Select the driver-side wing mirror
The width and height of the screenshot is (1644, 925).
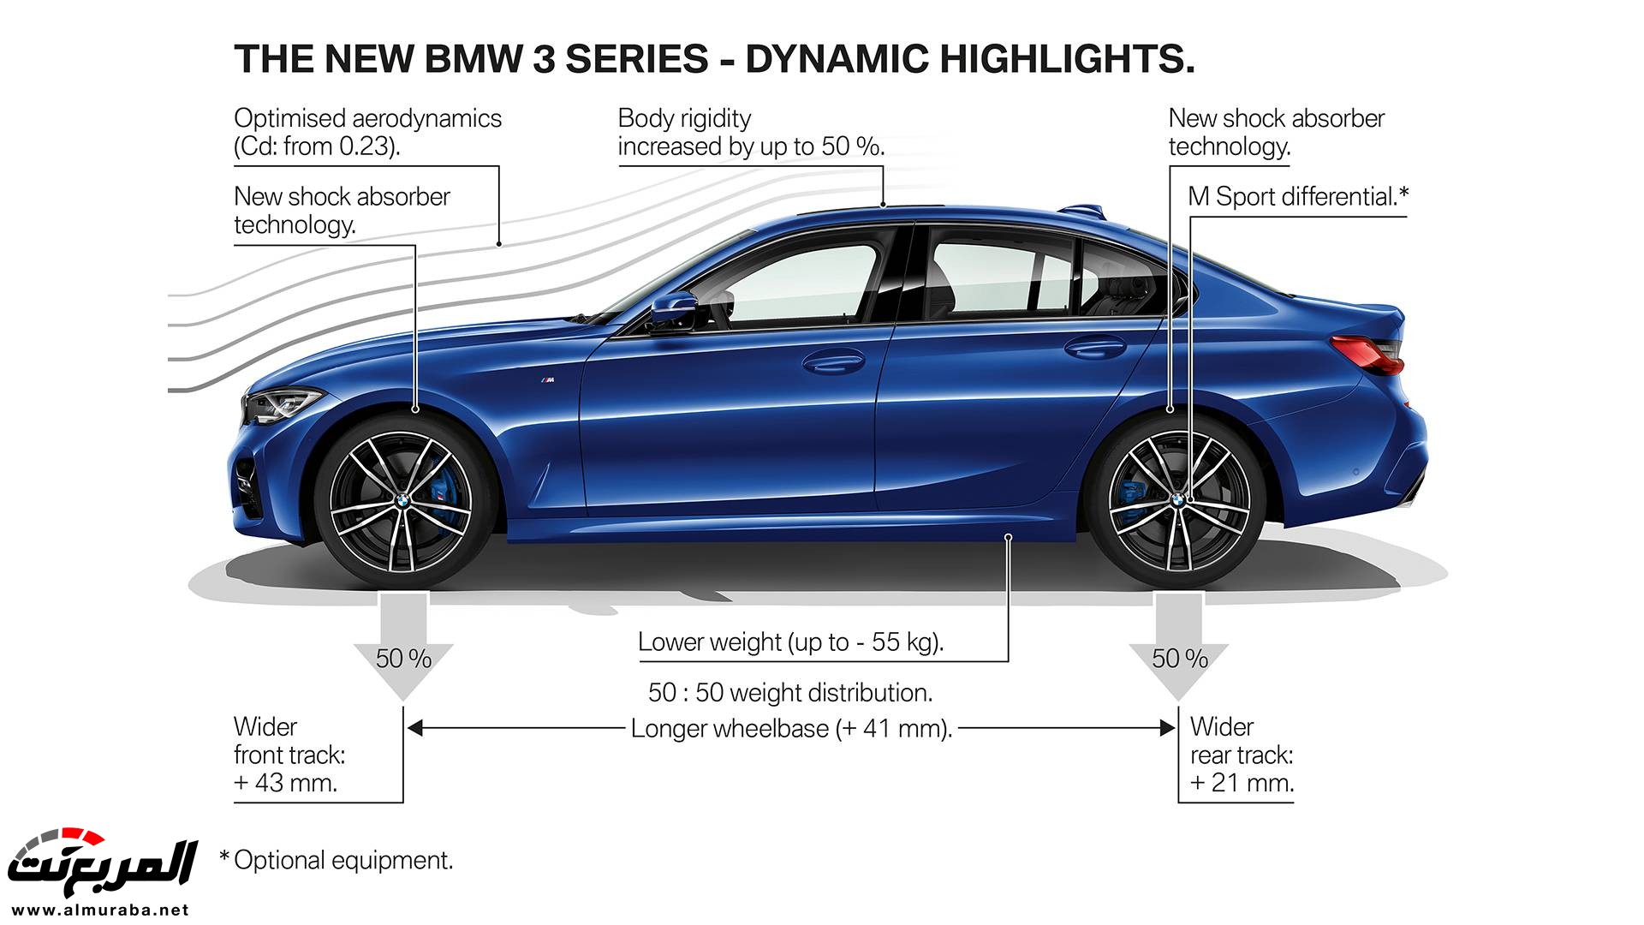coord(676,308)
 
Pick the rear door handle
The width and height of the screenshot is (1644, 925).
coord(1094,347)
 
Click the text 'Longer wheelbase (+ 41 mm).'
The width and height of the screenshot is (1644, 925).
coord(791,729)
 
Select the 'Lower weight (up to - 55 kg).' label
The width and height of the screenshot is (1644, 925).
coord(790,642)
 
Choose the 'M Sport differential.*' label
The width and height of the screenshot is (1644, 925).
coord(1297,197)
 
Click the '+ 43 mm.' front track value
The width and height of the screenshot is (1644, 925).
coord(285,783)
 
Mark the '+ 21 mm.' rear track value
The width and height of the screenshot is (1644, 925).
coord(1242,783)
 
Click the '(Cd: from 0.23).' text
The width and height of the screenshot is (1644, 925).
coord(317,146)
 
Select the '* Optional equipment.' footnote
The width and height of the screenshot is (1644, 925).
coord(337,860)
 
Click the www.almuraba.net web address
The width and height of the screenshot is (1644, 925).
coord(101,910)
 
